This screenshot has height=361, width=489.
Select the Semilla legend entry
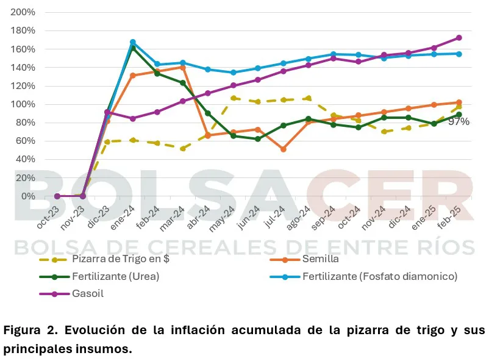(x=321, y=259)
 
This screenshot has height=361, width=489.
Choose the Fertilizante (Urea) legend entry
(x=115, y=276)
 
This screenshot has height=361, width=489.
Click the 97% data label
(x=459, y=122)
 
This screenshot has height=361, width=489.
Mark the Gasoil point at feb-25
(x=459, y=38)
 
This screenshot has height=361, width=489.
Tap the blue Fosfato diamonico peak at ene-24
(x=133, y=42)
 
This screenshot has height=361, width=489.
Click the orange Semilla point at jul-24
(x=284, y=149)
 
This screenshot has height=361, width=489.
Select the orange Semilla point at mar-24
(x=183, y=67)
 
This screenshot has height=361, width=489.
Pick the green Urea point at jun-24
(x=259, y=139)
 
